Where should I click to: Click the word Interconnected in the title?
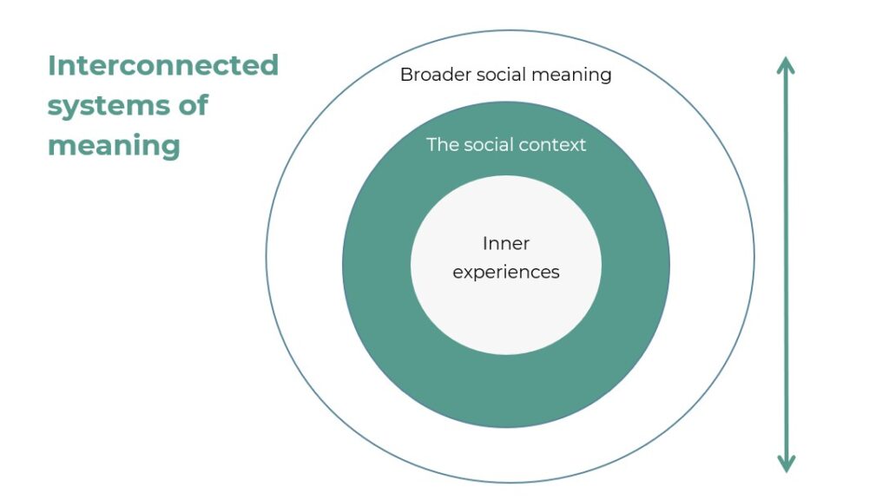tap(163, 65)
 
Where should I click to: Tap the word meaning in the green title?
tap(114, 146)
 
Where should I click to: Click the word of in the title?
tap(194, 105)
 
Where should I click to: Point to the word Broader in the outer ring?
tap(436, 75)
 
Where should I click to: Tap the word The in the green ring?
tap(442, 145)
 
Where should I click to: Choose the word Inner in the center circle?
tap(506, 243)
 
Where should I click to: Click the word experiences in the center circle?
tap(506, 273)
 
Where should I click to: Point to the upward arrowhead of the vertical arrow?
tap(786, 64)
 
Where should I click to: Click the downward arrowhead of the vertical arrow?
tap(786, 464)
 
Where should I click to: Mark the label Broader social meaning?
tap(506, 75)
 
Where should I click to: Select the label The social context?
tap(506, 145)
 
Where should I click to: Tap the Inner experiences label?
tap(506, 259)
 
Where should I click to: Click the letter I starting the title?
tap(51, 65)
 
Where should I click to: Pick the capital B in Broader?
tap(406, 75)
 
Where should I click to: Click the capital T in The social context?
tap(432, 145)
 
